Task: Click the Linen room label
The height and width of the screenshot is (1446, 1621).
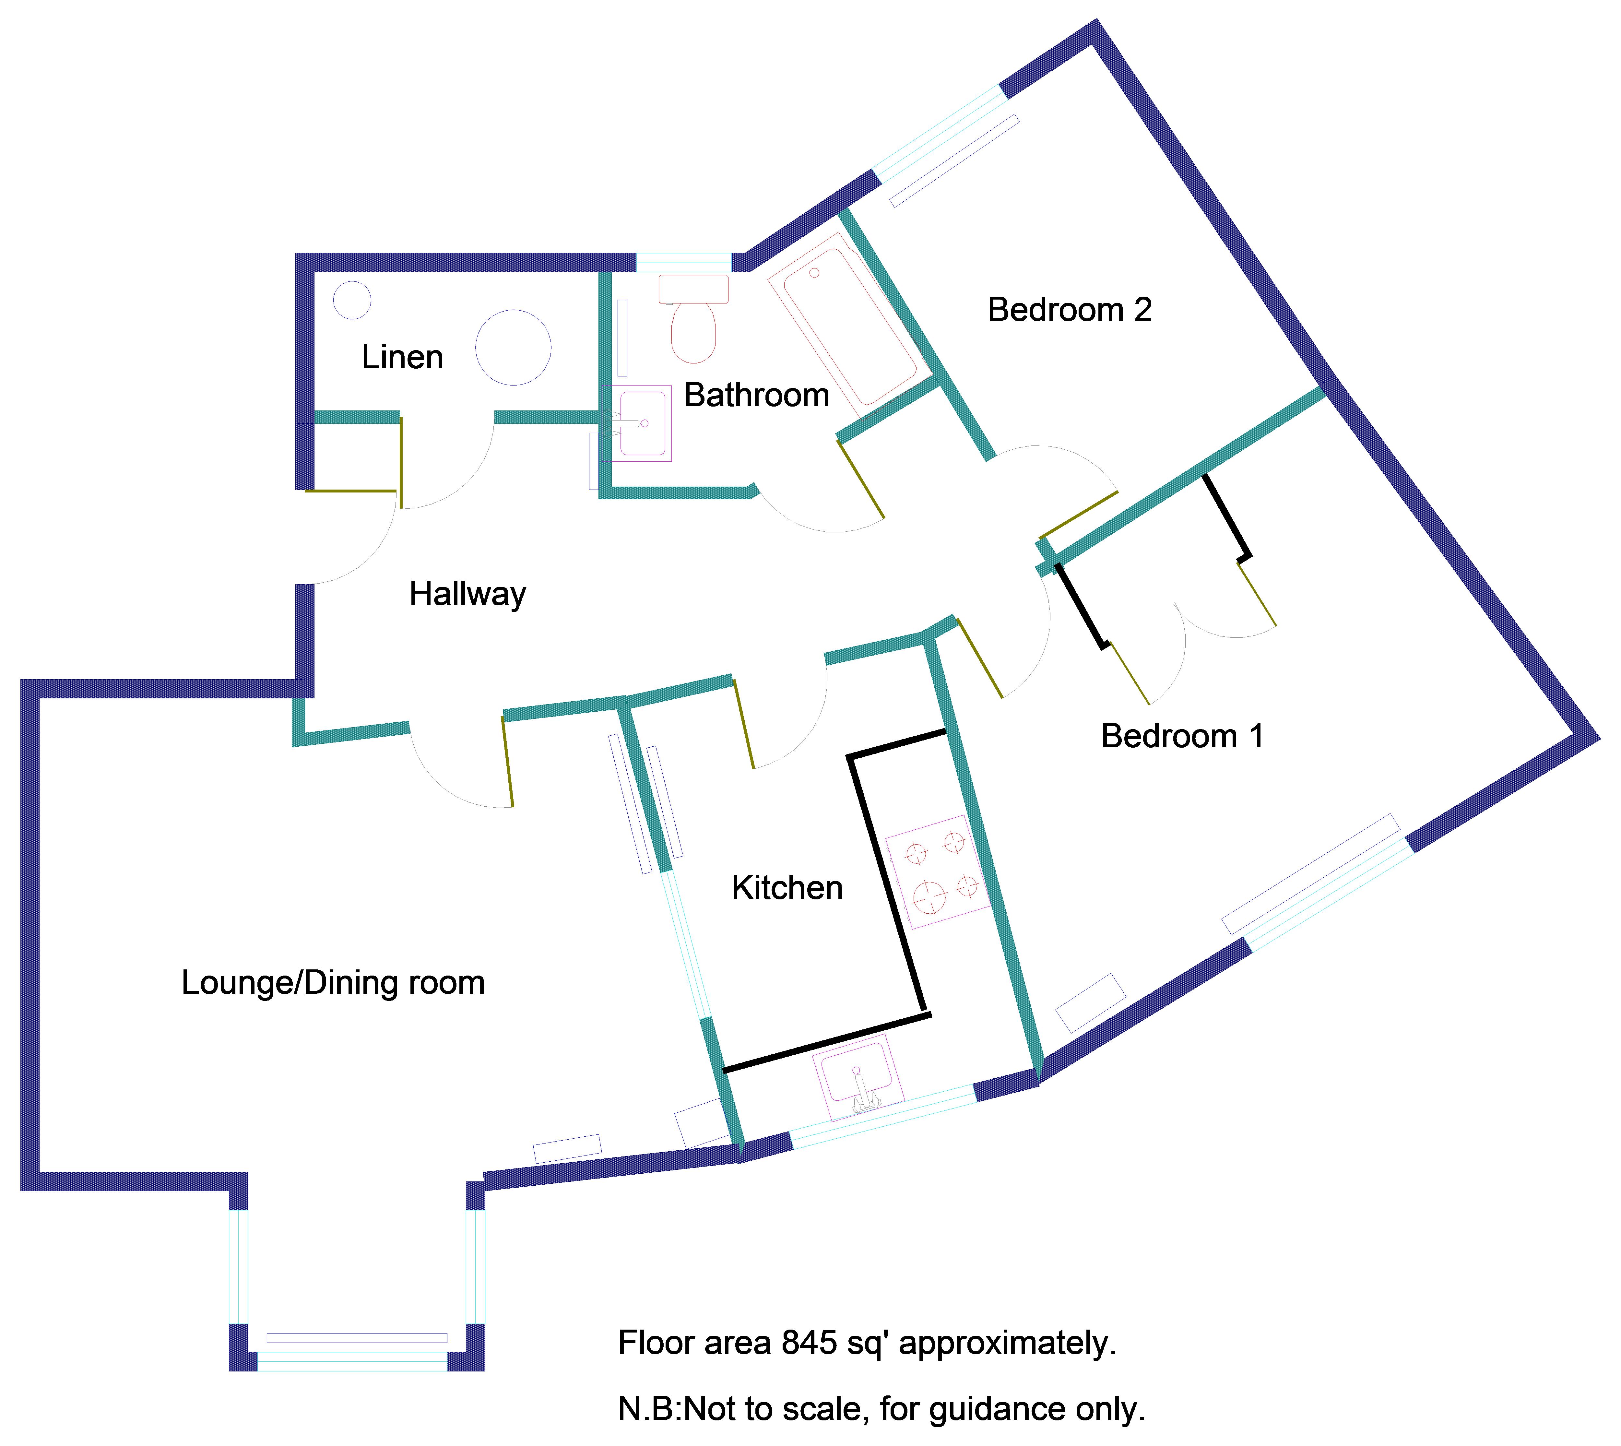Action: point(402,358)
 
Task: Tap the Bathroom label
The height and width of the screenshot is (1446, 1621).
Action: point(756,395)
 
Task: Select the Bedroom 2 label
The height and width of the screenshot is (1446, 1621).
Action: point(1070,310)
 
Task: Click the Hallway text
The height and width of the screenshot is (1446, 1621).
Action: point(467,594)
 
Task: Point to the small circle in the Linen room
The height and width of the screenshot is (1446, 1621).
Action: point(352,300)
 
